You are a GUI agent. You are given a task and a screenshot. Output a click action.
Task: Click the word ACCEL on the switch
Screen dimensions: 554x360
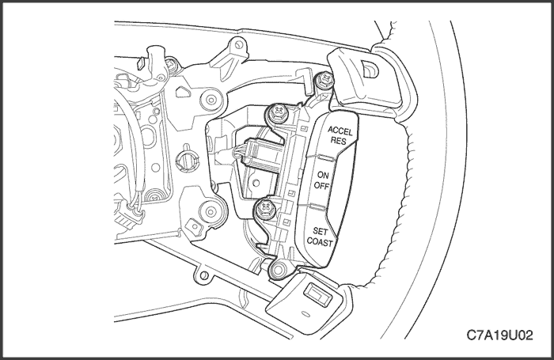click(x=340, y=131)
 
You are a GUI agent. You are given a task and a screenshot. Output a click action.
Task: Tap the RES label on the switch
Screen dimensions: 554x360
click(x=338, y=141)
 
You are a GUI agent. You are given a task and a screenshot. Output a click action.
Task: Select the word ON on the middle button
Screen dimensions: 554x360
click(x=323, y=175)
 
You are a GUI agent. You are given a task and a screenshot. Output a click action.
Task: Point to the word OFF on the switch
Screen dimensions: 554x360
click(x=321, y=185)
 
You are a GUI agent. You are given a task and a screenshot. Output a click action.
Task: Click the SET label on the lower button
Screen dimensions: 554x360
click(x=321, y=232)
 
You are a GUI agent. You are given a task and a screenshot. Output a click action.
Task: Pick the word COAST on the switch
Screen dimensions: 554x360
click(x=320, y=242)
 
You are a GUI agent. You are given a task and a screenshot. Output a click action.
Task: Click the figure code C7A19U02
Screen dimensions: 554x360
click(x=499, y=335)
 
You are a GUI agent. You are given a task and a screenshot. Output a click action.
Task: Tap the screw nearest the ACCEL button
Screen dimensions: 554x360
click(x=277, y=112)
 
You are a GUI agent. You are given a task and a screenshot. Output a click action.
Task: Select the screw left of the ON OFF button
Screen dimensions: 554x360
click(x=264, y=209)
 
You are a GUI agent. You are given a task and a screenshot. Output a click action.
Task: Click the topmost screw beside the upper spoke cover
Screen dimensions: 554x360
click(x=324, y=80)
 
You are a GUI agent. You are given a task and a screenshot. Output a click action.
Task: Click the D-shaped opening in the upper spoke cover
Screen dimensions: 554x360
click(x=370, y=68)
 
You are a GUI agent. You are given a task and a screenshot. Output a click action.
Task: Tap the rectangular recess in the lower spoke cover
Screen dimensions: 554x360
click(x=318, y=294)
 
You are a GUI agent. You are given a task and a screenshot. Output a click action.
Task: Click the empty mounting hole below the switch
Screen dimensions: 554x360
click(x=278, y=271)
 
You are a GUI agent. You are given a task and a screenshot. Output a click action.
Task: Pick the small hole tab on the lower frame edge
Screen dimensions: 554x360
click(x=203, y=275)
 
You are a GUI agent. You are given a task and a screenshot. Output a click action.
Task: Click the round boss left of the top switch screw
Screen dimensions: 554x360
click(x=211, y=100)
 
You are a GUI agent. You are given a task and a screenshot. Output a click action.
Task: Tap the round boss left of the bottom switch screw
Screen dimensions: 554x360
click(x=211, y=212)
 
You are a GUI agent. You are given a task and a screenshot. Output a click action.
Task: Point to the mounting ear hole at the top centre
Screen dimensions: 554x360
click(x=239, y=45)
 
